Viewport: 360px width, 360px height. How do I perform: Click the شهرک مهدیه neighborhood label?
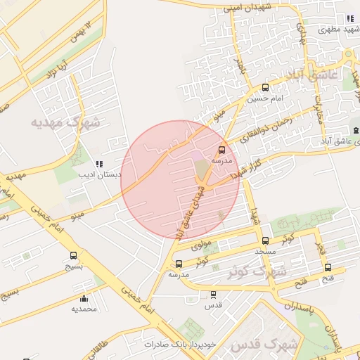click(65, 122)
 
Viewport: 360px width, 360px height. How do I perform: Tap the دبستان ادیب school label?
click(99, 174)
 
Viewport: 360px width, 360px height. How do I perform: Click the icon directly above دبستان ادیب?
click(98, 163)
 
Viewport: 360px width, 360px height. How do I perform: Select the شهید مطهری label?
click(339, 30)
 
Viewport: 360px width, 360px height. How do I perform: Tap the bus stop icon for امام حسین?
click(265, 88)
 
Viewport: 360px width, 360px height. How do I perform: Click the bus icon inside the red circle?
click(222, 150)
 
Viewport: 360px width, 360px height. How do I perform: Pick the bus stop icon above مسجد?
click(265, 241)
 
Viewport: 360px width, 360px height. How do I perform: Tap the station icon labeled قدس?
click(213, 295)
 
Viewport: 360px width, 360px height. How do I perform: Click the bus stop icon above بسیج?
click(74, 255)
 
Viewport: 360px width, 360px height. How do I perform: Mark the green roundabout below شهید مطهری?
click(347, 55)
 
